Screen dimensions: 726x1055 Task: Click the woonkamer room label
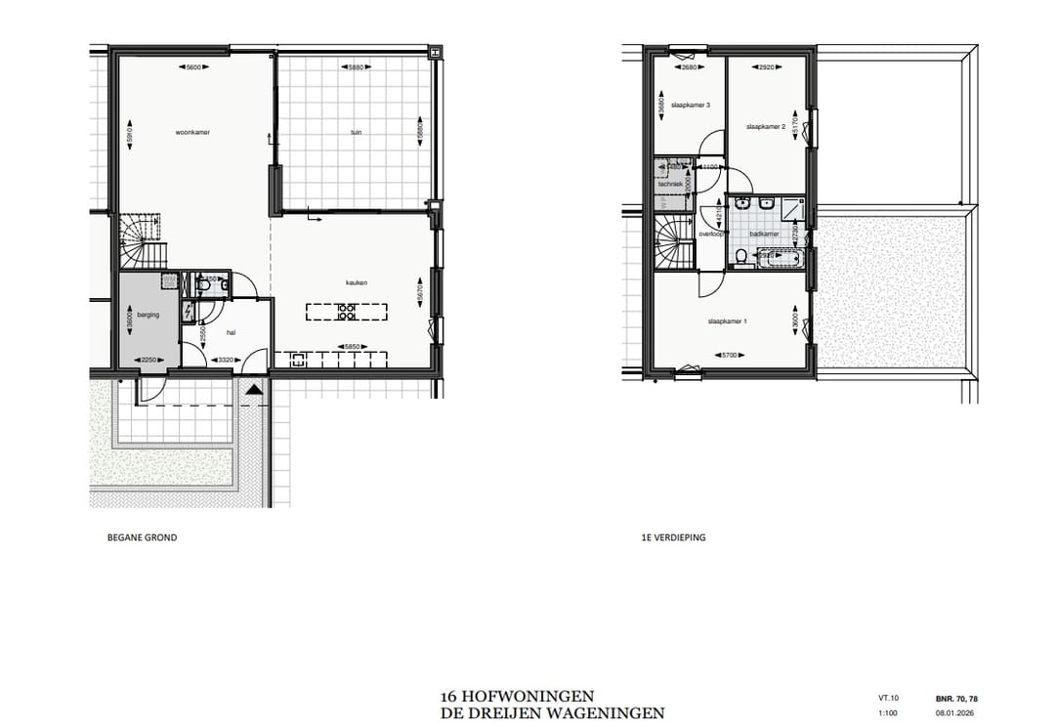tap(192, 132)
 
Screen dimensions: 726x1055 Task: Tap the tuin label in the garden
tap(356, 132)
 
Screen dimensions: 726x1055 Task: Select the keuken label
tap(357, 283)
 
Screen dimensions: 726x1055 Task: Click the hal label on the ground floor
tap(232, 332)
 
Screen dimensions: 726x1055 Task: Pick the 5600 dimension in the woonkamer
tap(192, 66)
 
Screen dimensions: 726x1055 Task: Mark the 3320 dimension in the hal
tap(224, 360)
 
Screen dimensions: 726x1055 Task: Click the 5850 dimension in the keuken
tap(351, 346)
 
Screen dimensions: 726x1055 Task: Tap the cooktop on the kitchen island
tap(346, 313)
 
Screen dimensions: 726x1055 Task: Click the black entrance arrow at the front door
tap(254, 389)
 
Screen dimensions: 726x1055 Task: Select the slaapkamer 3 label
tap(691, 105)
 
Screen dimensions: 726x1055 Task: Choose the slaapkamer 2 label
tap(766, 127)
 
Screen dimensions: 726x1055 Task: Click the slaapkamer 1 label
tap(727, 320)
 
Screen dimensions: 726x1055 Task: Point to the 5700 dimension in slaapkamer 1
tap(727, 354)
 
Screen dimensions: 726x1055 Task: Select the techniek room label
tap(669, 184)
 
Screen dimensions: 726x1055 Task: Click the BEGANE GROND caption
tap(142, 537)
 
